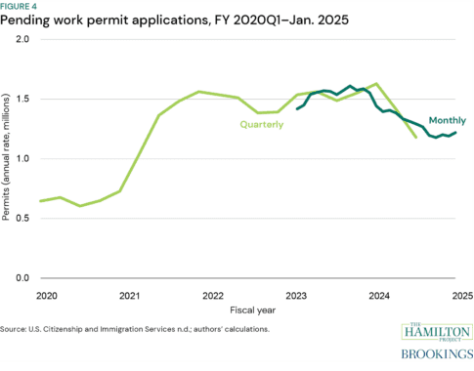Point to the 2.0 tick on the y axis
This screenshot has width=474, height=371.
[x=22, y=39]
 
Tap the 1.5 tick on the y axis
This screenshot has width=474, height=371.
[x=22, y=99]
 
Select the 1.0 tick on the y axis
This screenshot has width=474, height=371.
[x=22, y=158]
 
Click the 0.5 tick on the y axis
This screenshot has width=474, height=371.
[x=22, y=218]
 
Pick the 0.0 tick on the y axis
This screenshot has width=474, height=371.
[x=22, y=278]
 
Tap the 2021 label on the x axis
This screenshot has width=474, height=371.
[x=128, y=294]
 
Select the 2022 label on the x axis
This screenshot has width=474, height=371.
[x=211, y=294]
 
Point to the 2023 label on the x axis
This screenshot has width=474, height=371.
[x=294, y=294]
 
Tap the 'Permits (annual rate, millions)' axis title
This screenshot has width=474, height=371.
[x=8, y=158]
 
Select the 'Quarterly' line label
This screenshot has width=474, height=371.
[x=263, y=124]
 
